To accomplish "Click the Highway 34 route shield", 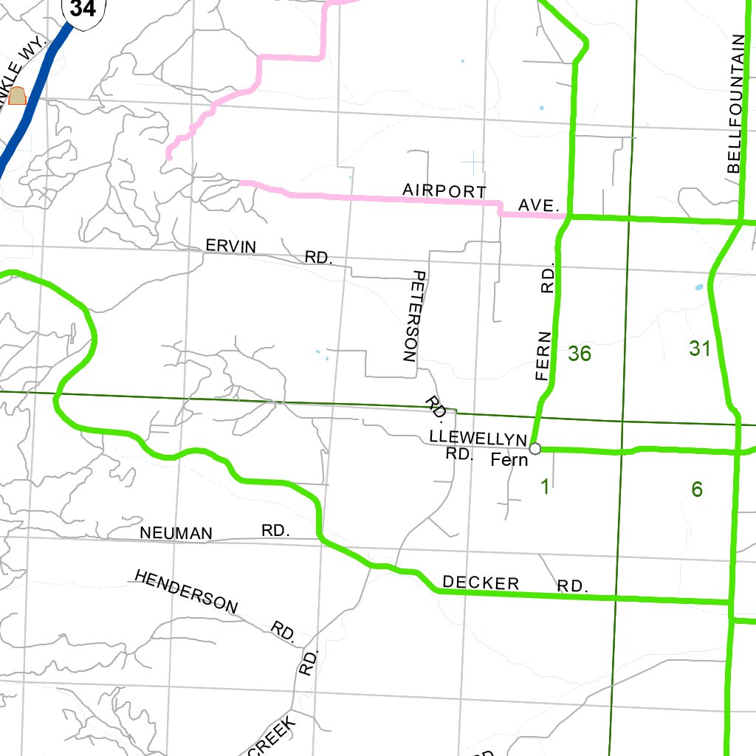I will coord(83,9).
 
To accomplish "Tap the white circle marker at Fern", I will coord(535,448).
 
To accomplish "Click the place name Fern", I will coord(509,460).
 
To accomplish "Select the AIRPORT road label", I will coord(444,190).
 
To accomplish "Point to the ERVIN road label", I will coord(231,247).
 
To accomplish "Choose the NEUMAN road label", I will coord(176,533).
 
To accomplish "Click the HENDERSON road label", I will coord(186,591).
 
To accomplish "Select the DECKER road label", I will coord(481,583).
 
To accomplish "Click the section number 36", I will coord(580,354).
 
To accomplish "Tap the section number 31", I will coord(700,348).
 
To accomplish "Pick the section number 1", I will coord(545,487).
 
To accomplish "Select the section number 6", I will coord(697,489).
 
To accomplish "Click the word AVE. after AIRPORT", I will coord(538,205).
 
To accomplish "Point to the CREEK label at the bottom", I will coord(271,735).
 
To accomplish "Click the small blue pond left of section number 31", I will coord(699,287).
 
